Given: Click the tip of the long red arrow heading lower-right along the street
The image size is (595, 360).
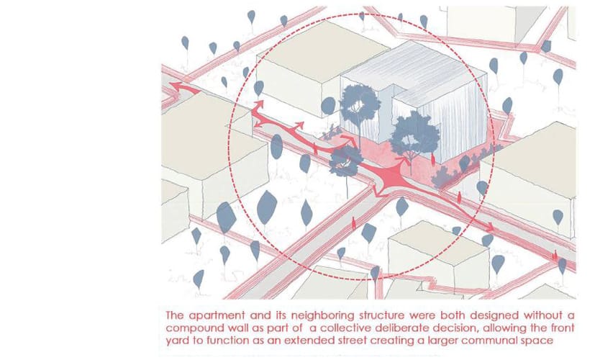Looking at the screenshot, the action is pos(494,230).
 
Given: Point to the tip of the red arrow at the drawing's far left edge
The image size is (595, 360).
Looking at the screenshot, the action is pos(170,86).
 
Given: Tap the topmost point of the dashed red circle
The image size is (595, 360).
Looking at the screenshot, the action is pos(361,14).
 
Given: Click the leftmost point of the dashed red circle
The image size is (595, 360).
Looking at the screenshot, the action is pos(229,147).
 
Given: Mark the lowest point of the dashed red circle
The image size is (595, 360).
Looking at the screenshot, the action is pos(361,280).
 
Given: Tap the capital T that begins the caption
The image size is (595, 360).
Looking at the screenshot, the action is pos(170,315).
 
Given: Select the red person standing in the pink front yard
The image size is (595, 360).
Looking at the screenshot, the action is pos(433,158).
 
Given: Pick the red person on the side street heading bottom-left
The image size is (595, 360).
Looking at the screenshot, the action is pos(354,223).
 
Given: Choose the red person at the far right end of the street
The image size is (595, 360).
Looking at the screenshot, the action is pos(555,255).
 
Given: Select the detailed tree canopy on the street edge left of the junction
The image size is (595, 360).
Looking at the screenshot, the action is pos(345,161).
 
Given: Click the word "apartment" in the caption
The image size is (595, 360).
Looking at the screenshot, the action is pos(217,315).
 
